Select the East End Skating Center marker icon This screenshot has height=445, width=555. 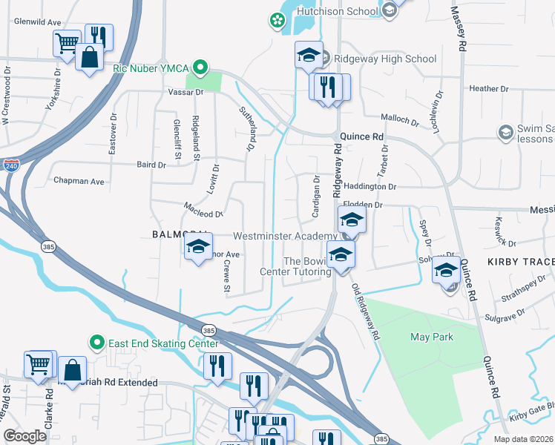pyautogui.click(x=96, y=343)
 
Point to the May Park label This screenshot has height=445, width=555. pyautogui.click(x=432, y=337)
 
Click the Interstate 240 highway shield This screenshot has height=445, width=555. pyautogui.click(x=10, y=167)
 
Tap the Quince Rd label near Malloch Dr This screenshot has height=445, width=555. pyautogui.click(x=361, y=136)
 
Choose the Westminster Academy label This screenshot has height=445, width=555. pyautogui.click(x=285, y=236)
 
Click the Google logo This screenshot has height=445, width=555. pyautogui.click(x=24, y=436)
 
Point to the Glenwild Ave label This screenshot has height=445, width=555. pyautogui.click(x=37, y=22)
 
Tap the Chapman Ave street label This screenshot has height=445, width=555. pyautogui.click(x=78, y=181)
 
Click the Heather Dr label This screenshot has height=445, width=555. pyautogui.click(x=489, y=88)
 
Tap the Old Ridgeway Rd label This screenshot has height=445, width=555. pyautogui.click(x=366, y=312)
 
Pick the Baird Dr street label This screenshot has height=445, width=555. pyautogui.click(x=151, y=165)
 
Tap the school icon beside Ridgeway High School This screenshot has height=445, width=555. pyautogui.click(x=309, y=54)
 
